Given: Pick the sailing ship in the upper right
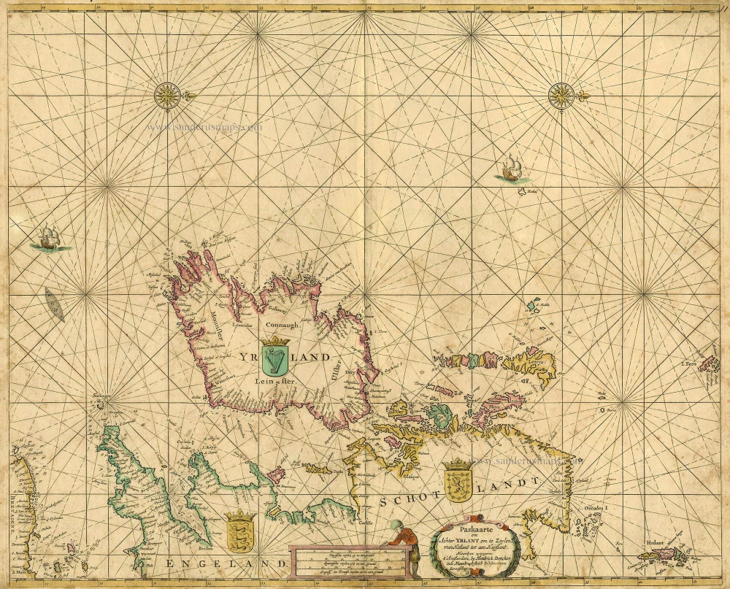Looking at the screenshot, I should tap(509, 169).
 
